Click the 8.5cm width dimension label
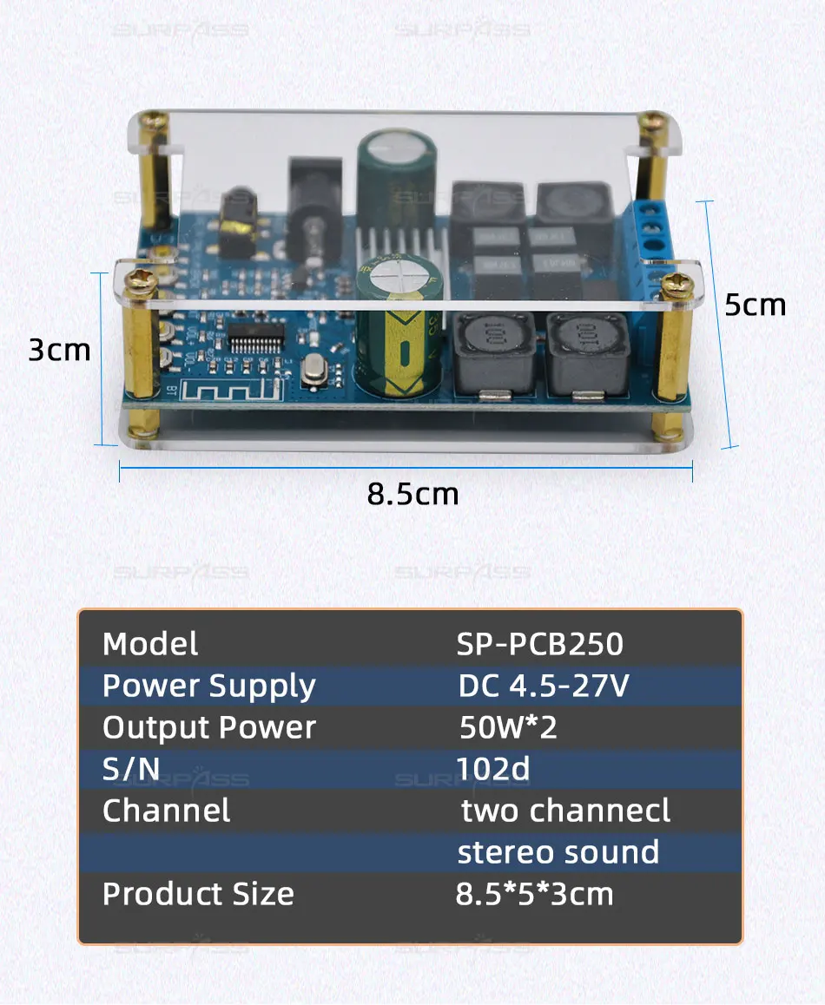point(412,494)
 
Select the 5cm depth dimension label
point(755,305)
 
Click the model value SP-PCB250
point(539,644)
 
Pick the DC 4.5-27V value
point(543,686)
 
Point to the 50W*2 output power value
point(508,727)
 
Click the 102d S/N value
point(492,769)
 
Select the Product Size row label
point(198,894)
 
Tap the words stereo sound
point(558,852)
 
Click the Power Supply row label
point(208,686)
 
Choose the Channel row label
point(167,811)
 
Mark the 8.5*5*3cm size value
point(534,894)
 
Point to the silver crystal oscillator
point(312,371)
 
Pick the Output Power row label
point(208,727)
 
